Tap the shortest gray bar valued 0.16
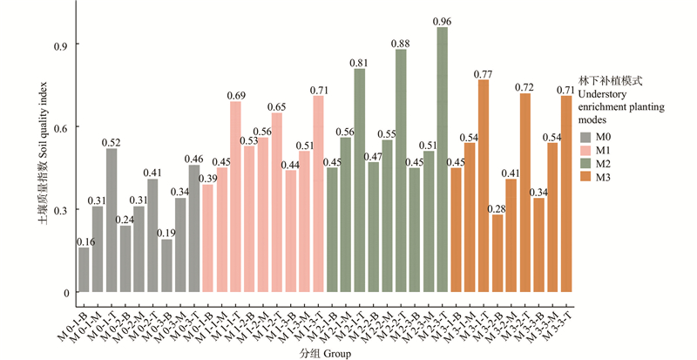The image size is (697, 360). pos(84,269)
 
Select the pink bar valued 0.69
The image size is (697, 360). pos(235,197)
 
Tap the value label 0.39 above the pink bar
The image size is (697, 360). pos(207,179)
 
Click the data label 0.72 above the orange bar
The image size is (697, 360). pos(524,87)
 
